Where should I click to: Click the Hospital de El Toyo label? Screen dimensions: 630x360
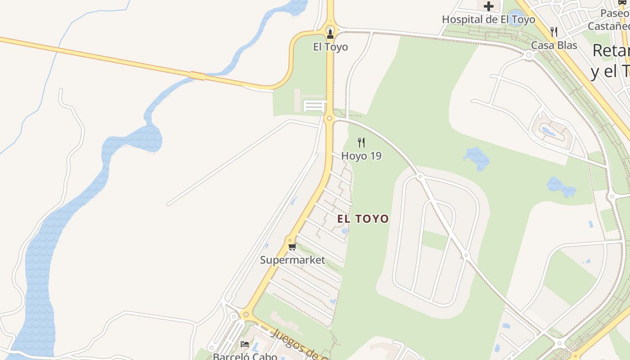coord(488,19)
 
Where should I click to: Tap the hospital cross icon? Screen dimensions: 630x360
coord(489,6)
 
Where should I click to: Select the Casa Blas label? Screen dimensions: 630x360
coord(554,45)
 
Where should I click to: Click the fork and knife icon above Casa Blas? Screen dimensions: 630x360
coord(554,32)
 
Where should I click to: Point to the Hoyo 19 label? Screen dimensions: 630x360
coord(361,156)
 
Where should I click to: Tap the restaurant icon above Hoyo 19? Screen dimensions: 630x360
coord(361,143)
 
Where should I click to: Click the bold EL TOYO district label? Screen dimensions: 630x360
coord(363,219)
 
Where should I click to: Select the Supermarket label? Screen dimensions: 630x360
coord(292,260)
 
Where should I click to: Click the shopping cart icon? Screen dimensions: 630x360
coord(292,247)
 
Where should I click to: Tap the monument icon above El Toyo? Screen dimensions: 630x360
coord(330,33)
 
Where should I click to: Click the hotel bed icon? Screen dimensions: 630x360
coord(245,344)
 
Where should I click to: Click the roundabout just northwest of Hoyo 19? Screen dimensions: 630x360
coord(329,118)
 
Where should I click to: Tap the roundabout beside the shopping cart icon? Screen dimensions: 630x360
coord(291,240)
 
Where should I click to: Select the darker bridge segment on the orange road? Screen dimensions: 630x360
coord(197,75)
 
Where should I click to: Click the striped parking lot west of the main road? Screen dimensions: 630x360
coord(314,106)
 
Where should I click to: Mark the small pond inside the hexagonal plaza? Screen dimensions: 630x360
coord(549,131)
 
